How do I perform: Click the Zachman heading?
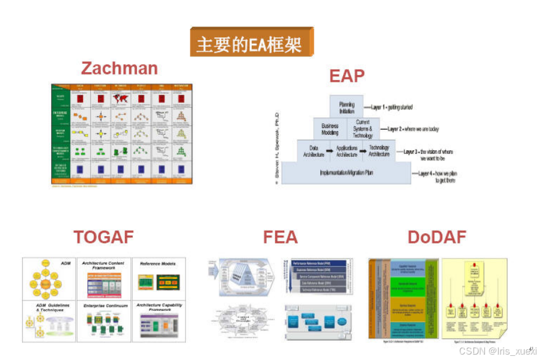pos(120,68)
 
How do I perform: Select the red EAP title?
pos(347,76)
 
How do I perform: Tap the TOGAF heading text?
pos(103,237)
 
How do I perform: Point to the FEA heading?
pos(280,237)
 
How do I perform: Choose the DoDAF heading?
pos(436,237)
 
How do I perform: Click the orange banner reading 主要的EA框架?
pos(251,43)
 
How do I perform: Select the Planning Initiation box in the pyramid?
pos(347,107)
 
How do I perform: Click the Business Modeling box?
pos(330,129)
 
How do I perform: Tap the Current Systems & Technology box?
pos(363,129)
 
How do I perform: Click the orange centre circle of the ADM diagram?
pos(48,282)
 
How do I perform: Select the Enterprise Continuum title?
pos(103,306)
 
